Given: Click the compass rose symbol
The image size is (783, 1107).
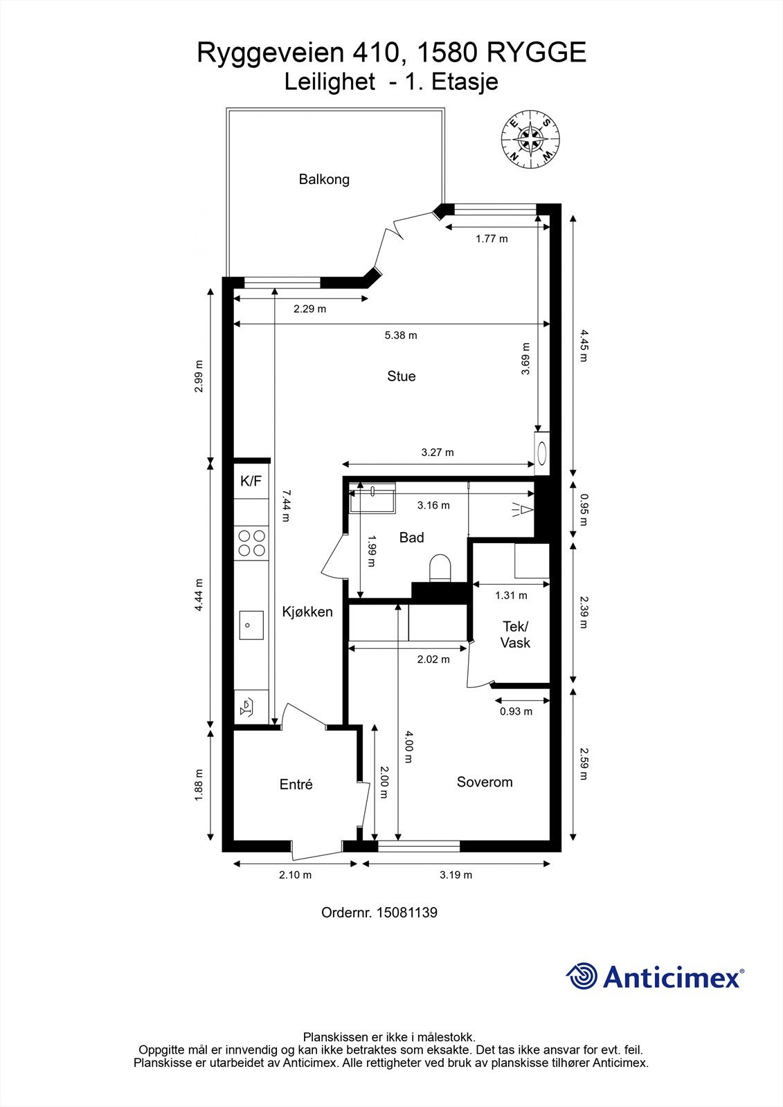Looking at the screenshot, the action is pos(531,139).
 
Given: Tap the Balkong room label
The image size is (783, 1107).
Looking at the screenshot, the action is pos(324,179).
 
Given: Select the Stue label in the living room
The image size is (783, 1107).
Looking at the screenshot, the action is pos(401,376).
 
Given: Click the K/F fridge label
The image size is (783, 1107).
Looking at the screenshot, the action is pos(251,481).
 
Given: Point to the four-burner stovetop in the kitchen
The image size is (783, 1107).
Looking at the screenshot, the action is pos(251,542).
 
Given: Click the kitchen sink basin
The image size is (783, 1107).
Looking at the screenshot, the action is pos(251,625).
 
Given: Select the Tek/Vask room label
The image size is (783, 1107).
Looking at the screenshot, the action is pos(515,634).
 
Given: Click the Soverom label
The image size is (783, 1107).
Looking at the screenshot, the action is pos(484,782).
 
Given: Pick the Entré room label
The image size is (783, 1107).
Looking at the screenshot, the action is pos(296,785).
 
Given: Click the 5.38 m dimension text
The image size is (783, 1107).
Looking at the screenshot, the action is pos(401,336).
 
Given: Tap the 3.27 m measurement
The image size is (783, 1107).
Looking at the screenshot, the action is pos(438,452).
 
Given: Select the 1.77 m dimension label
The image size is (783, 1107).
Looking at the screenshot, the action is pos(492,239).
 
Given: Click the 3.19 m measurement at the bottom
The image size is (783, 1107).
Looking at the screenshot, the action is pos(456,875).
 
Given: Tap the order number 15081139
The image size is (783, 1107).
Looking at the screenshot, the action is pos(407,913).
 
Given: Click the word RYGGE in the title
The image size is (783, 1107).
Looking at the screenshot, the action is pos(537,53).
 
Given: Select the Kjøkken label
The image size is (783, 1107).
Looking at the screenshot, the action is pos(307,612).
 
